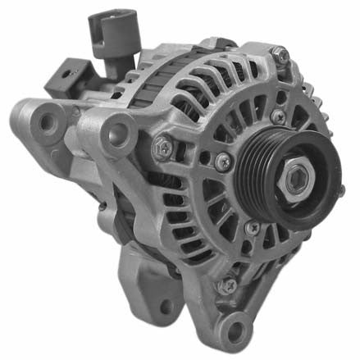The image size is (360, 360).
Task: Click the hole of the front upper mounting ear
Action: (x=121, y=128)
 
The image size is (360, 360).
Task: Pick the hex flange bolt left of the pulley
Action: (x=163, y=148)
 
